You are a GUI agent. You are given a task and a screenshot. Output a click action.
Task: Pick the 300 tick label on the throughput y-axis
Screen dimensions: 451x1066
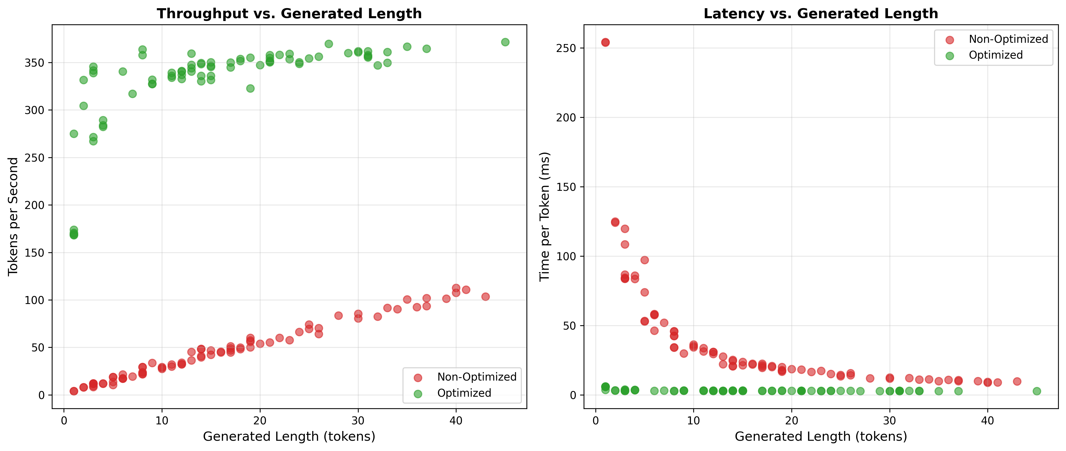coord(35,110)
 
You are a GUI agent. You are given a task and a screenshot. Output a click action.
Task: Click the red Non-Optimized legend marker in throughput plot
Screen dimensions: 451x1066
coord(418,377)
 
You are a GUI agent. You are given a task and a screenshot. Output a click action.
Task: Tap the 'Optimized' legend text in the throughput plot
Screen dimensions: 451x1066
coord(464,393)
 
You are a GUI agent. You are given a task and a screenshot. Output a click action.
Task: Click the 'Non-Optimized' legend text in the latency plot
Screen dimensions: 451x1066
coord(1008,39)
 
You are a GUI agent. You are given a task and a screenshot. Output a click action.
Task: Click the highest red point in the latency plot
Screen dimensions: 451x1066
coord(605,42)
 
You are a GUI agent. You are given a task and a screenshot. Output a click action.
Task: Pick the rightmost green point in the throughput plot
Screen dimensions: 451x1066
coord(505,42)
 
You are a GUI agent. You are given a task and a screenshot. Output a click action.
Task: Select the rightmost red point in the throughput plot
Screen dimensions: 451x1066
coord(485,297)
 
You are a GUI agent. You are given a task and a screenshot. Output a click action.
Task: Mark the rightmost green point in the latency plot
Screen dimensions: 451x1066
coord(1037,391)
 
